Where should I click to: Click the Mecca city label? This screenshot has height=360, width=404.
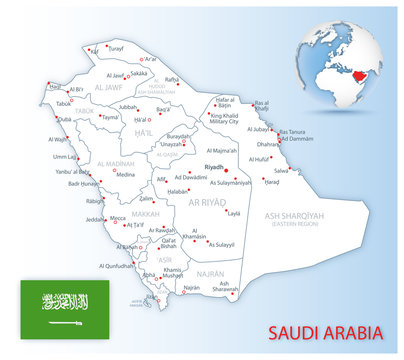tap(117, 217)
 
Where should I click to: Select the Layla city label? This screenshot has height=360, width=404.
tap(233, 213)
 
